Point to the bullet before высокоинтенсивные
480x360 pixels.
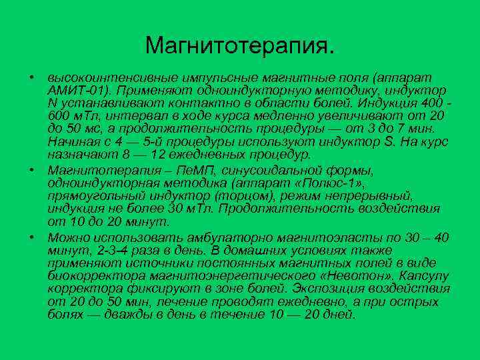click(31, 75)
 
